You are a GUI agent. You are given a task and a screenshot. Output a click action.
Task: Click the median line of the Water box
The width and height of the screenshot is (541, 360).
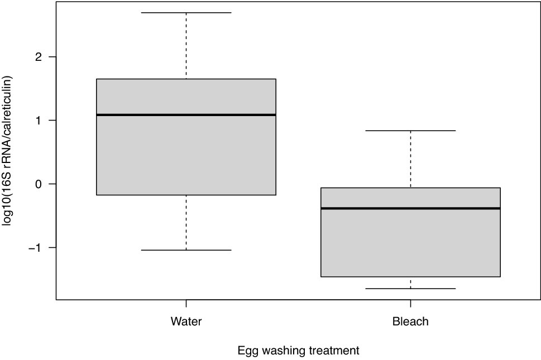[186, 115]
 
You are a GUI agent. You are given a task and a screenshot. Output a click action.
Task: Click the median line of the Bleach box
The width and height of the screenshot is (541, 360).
[410, 208]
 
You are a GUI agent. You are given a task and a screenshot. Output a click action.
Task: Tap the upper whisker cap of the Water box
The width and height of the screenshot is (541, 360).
[186, 12]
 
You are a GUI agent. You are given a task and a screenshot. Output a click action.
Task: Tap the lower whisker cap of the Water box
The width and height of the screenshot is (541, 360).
[186, 250]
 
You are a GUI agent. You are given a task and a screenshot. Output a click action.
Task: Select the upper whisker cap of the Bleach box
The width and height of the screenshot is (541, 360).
[410, 131]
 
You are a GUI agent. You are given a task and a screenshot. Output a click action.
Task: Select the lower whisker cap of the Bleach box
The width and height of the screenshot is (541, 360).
[410, 289]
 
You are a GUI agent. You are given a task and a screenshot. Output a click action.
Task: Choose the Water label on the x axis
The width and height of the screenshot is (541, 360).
[186, 321]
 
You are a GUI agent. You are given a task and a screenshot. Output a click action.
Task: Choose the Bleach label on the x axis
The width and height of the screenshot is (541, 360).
[410, 321]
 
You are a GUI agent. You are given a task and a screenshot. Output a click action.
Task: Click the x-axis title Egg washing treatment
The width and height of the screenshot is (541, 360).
[298, 351]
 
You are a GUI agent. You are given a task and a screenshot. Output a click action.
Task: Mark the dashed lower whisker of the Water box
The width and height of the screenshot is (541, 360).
[186, 223]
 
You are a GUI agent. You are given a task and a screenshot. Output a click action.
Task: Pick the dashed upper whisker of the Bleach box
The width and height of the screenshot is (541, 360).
[410, 159]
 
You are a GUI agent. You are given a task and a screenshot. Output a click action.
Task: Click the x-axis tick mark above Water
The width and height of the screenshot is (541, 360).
[186, 303]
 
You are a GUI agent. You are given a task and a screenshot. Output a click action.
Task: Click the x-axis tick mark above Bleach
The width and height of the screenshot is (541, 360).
[410, 303]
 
